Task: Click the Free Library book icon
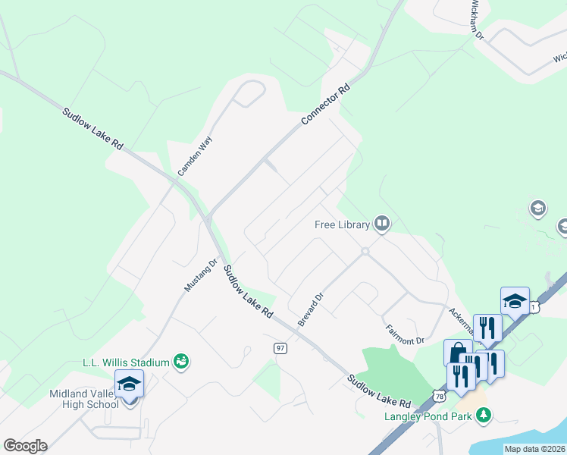coord(382,224)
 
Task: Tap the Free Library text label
coord(342,224)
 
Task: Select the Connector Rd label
coord(326,104)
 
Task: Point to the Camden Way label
coord(196,156)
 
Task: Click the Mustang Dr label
coord(201,275)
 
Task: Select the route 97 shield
coord(280,347)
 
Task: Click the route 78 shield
coord(440,396)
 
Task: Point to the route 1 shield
coord(534,306)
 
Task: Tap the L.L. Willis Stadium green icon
coord(181,362)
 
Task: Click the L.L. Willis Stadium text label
coord(126,362)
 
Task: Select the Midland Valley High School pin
coord(129,384)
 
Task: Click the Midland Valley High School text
coord(84,399)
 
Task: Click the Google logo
coord(25,446)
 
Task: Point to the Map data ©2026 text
coord(534,449)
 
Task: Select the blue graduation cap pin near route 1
coord(515,301)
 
